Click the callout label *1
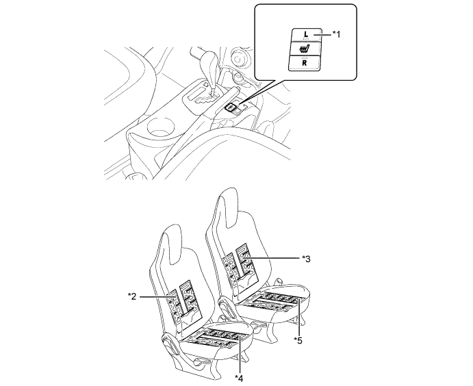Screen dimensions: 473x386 click(x=336, y=34)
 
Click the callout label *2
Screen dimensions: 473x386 click(x=132, y=296)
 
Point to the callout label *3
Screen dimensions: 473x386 click(x=306, y=259)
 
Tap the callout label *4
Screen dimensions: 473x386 click(x=239, y=378)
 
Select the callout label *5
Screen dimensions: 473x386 click(x=298, y=340)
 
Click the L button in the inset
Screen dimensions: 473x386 click(x=306, y=35)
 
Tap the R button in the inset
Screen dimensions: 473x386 click(x=305, y=64)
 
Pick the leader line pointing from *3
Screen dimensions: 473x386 click(x=273, y=258)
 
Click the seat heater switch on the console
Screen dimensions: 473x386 click(x=231, y=107)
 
